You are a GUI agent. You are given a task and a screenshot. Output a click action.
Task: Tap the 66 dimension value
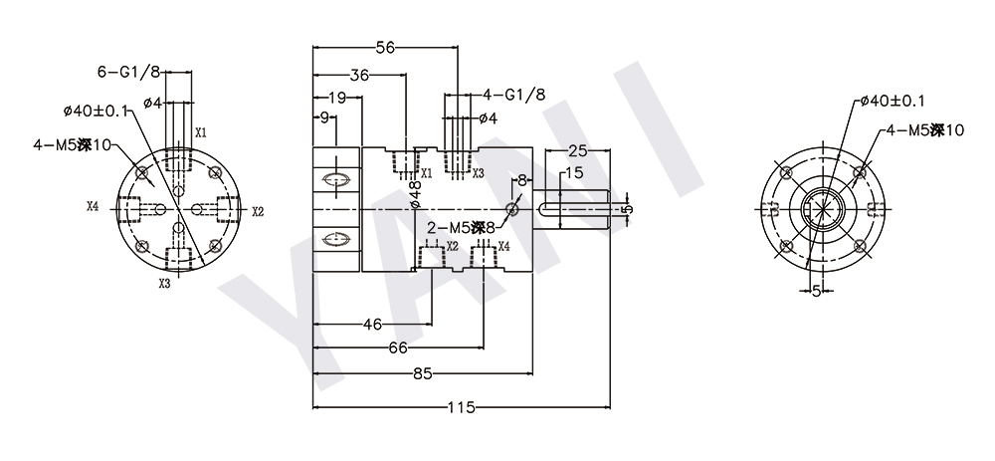click(x=397, y=347)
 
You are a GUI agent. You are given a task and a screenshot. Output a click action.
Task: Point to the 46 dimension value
click(x=372, y=324)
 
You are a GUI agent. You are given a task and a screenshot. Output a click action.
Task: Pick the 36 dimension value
click(x=360, y=75)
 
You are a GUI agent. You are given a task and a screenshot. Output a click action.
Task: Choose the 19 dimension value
click(x=336, y=98)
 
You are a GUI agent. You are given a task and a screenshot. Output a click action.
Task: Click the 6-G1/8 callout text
click(x=128, y=72)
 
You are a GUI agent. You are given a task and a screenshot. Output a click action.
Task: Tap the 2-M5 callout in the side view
click(x=454, y=228)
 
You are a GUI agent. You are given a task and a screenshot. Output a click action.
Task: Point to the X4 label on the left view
click(x=93, y=207)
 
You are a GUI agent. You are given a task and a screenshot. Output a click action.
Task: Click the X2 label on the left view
click(x=258, y=211)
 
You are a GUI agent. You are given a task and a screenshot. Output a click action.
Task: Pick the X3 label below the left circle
click(x=164, y=283)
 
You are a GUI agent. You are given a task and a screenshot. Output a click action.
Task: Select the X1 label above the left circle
click(x=200, y=132)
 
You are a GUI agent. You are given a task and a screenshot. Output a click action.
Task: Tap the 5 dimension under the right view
click(x=816, y=291)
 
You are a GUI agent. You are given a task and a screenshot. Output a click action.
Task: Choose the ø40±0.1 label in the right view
click(x=892, y=101)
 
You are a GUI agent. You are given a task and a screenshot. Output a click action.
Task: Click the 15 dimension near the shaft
click(x=573, y=173)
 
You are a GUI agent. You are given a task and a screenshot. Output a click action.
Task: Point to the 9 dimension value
click(x=324, y=118)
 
